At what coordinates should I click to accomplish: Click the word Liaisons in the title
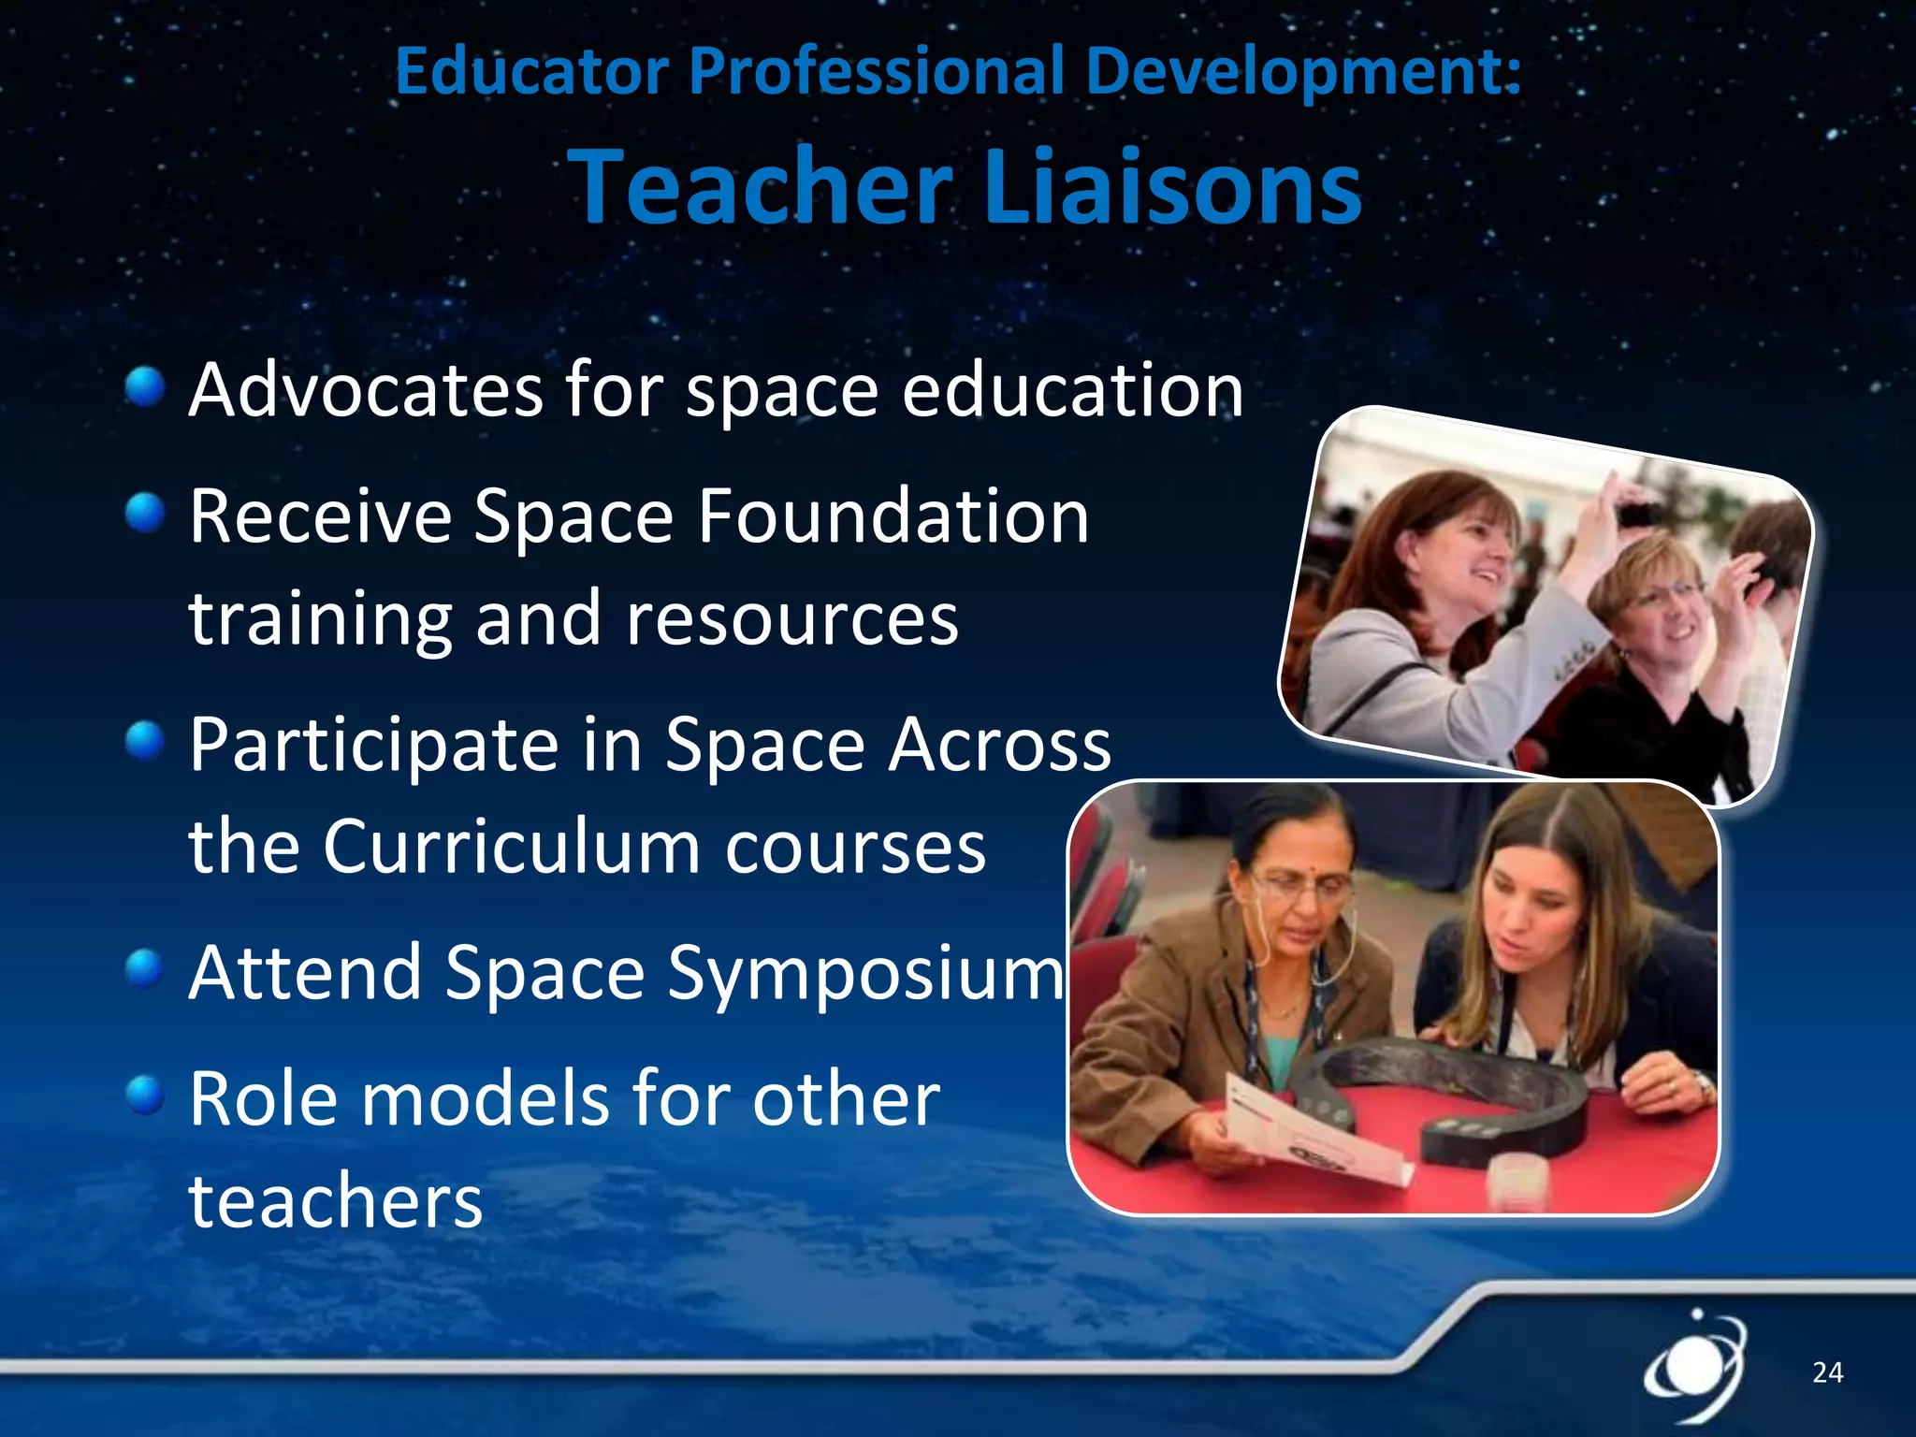(1173, 187)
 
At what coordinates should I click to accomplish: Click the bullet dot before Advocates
(145, 386)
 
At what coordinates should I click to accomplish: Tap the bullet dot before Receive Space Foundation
(145, 513)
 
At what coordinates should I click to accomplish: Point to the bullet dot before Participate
(145, 741)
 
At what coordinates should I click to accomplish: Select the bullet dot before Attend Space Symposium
(145, 969)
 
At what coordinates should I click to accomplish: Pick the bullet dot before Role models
(145, 1095)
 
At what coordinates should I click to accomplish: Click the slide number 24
(1827, 1372)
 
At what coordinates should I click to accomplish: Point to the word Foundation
(893, 516)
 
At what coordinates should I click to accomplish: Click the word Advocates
(366, 390)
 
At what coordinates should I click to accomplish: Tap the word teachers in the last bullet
(336, 1200)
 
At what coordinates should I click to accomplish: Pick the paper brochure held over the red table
(1310, 1132)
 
